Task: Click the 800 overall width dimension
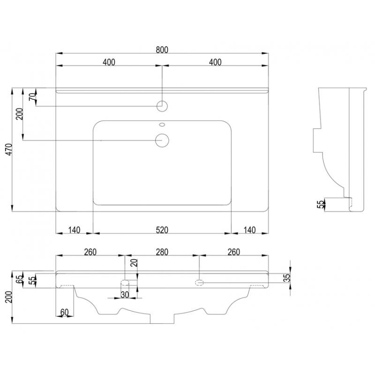(162, 50)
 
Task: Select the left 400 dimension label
(109, 62)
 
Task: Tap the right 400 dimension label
(215, 62)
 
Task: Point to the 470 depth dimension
(9, 150)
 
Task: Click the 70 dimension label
(33, 97)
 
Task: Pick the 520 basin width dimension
(162, 230)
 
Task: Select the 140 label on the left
(74, 230)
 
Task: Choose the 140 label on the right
(250, 230)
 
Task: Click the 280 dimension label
(162, 252)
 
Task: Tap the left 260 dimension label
(90, 252)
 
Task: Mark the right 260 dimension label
(233, 252)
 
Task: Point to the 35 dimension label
(287, 277)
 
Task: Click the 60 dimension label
(64, 312)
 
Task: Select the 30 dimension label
(125, 295)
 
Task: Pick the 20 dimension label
(135, 262)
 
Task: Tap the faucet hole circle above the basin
(162, 106)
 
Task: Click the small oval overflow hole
(162, 124)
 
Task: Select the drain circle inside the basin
(162, 140)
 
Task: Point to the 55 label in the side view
(320, 204)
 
